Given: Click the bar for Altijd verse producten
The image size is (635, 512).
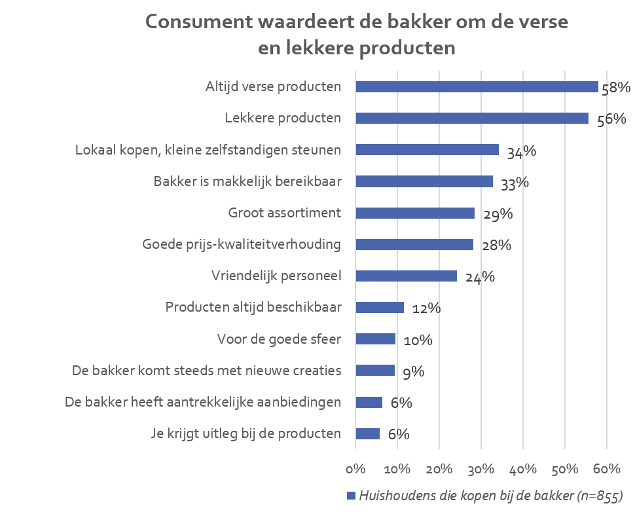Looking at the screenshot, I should click(x=477, y=87).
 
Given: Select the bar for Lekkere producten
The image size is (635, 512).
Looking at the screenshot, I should click(x=471, y=119).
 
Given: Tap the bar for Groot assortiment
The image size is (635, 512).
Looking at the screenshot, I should click(x=415, y=213).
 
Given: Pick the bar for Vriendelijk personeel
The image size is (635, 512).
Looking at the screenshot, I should click(x=406, y=276).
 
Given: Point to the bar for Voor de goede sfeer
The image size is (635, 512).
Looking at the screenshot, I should click(x=376, y=338).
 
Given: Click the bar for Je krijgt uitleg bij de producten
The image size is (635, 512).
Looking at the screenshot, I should click(x=367, y=433).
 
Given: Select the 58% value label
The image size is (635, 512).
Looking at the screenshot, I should click(x=615, y=88).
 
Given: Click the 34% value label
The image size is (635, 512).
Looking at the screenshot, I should click(x=521, y=152).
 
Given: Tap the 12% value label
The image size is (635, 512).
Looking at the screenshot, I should click(x=426, y=308).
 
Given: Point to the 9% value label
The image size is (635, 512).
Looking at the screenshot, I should click(x=414, y=372).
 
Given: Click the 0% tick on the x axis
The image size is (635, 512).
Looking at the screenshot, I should click(x=355, y=469).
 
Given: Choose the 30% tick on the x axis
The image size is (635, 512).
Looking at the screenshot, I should click(x=481, y=469).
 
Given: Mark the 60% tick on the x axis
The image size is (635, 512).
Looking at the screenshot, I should click(x=606, y=469).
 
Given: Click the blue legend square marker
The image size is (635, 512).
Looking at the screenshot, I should click(x=350, y=496).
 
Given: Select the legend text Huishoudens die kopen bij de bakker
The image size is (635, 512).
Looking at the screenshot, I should click(x=488, y=496).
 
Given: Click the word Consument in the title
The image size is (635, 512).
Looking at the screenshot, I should click(x=200, y=22).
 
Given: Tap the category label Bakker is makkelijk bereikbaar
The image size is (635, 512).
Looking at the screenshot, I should click(x=247, y=181).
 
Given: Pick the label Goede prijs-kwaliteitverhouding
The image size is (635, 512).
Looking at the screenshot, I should click(x=242, y=244).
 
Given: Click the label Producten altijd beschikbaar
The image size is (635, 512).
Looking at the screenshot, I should click(x=253, y=307).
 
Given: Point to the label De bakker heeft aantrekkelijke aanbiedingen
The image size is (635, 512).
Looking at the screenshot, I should click(x=203, y=402).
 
